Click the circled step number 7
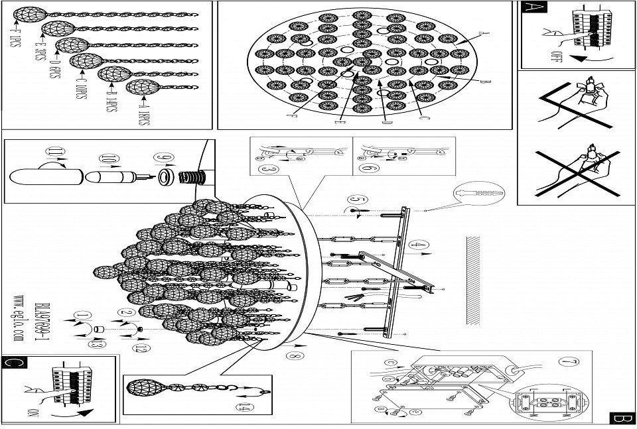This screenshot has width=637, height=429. point(565,362)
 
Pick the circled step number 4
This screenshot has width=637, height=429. point(416,245)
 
